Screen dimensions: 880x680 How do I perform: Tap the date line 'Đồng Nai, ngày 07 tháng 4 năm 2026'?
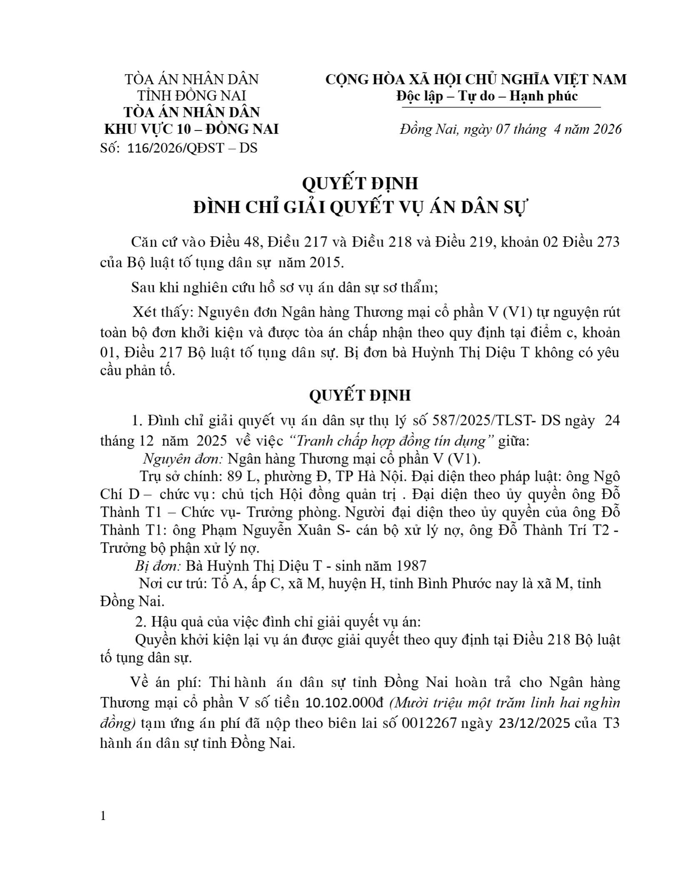tap(510, 129)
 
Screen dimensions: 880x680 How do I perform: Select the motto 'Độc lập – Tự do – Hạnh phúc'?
tap(487, 96)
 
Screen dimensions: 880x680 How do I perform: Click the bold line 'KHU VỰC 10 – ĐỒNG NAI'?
tap(191, 129)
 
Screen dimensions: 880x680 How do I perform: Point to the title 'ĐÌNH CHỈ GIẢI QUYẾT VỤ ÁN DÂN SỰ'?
tap(360, 207)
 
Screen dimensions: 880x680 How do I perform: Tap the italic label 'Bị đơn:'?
tap(158, 565)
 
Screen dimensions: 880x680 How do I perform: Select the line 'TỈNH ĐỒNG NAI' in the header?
tap(192, 96)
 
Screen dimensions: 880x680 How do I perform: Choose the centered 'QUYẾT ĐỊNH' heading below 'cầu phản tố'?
tap(360, 395)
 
